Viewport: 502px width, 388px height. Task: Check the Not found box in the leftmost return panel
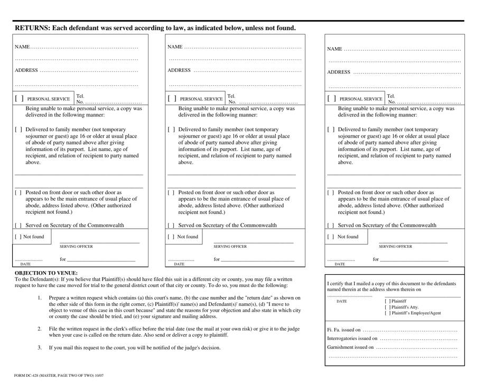[18, 236]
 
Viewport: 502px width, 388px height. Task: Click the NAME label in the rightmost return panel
[334, 50]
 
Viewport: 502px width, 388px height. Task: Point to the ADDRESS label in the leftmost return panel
[26, 70]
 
